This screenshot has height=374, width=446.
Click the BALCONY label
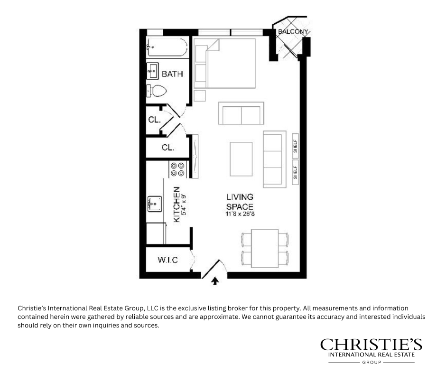click(x=293, y=32)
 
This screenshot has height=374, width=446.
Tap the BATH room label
click(x=172, y=74)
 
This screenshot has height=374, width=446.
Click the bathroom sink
click(x=153, y=71)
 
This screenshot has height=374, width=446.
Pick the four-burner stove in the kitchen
click(x=177, y=169)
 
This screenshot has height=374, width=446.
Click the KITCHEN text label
click(x=177, y=204)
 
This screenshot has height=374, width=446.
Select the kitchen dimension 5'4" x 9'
click(x=183, y=205)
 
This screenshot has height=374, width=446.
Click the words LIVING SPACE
click(x=240, y=202)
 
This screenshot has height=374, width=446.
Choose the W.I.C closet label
click(x=168, y=260)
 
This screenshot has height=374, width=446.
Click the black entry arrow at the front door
click(x=215, y=281)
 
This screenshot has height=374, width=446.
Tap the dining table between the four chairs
click(x=265, y=248)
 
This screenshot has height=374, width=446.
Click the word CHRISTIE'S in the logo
click(x=371, y=345)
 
